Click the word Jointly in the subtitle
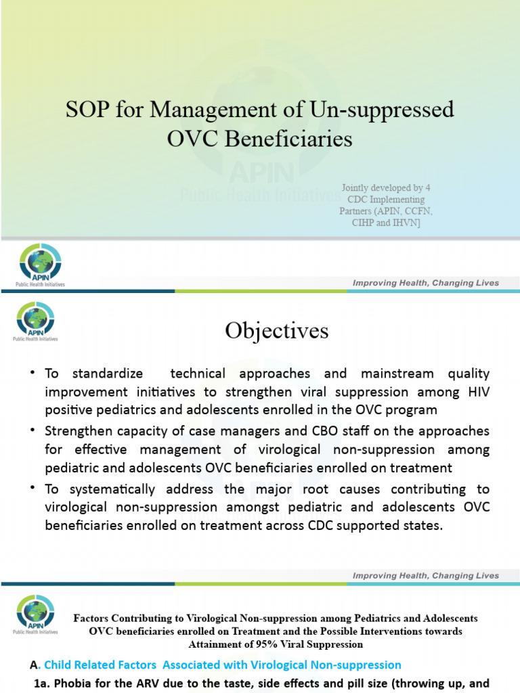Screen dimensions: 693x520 355,187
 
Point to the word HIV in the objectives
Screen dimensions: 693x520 477,392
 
